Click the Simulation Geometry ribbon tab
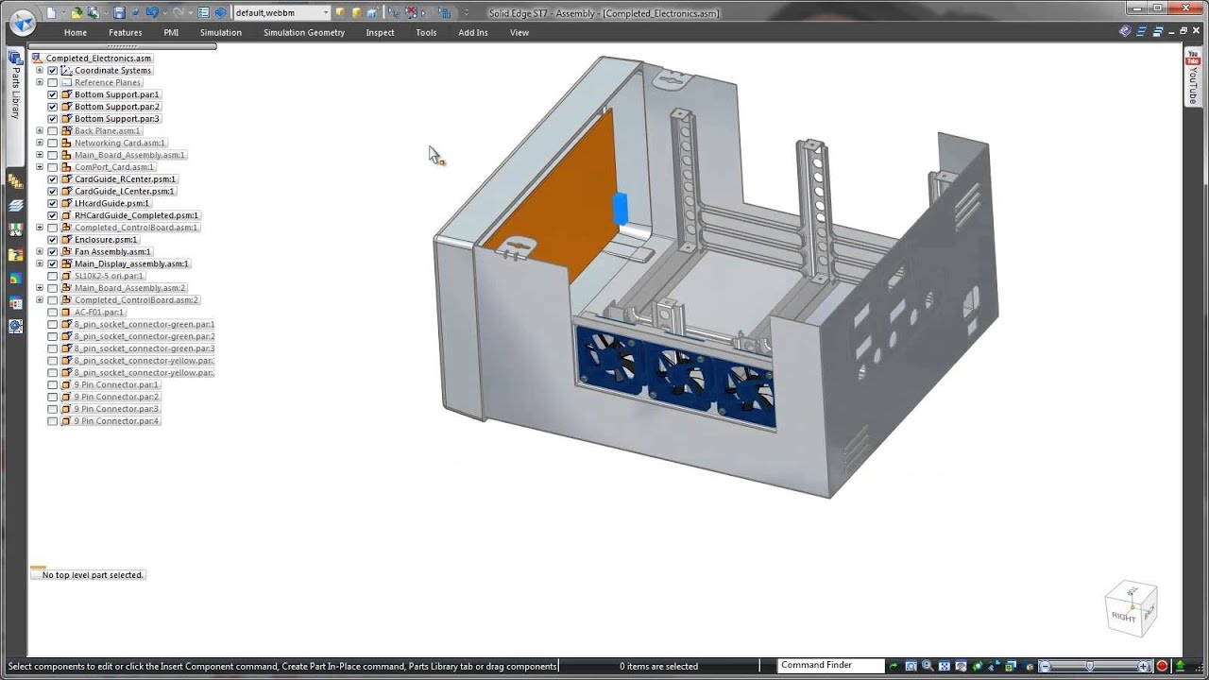click(303, 32)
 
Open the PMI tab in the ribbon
click(171, 32)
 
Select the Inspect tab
click(380, 32)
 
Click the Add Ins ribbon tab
click(473, 32)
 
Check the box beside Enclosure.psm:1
click(53, 240)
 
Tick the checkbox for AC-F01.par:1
click(53, 313)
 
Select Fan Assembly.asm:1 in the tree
click(112, 252)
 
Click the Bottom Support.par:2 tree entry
click(117, 107)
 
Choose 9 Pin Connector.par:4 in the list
click(116, 421)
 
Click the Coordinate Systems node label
click(112, 71)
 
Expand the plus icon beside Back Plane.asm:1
click(40, 131)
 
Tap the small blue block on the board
click(620, 209)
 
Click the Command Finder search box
click(830, 666)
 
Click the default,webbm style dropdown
click(281, 13)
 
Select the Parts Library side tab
click(15, 85)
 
